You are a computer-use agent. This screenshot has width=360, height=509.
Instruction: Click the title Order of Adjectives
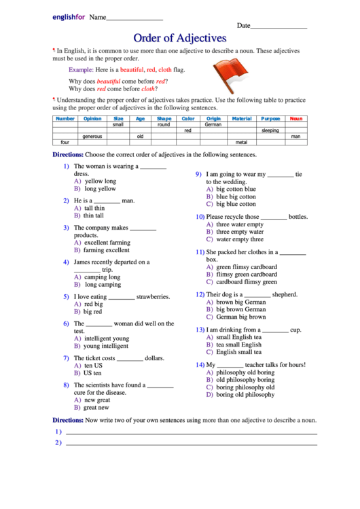click(x=179, y=38)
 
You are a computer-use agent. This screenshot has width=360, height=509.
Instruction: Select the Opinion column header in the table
click(x=92, y=118)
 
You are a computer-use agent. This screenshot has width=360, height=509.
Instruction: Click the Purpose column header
click(x=270, y=118)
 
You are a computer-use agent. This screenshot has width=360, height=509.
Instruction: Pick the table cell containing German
click(x=213, y=124)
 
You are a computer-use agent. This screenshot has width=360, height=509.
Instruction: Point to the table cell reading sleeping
click(x=270, y=130)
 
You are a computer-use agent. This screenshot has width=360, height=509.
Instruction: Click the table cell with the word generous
click(x=92, y=137)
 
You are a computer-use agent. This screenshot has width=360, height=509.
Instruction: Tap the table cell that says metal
click(x=241, y=143)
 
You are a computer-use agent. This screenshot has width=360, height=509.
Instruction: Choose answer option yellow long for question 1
click(x=100, y=181)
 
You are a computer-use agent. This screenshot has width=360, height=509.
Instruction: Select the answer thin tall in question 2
click(x=94, y=216)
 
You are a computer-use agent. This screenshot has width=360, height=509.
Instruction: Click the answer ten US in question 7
click(x=93, y=366)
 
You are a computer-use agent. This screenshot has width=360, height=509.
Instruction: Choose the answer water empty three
click(x=239, y=239)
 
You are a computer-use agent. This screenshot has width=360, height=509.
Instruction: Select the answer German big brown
click(x=240, y=317)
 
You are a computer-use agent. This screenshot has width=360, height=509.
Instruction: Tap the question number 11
click(x=200, y=251)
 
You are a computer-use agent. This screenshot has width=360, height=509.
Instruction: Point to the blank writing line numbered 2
click(x=190, y=444)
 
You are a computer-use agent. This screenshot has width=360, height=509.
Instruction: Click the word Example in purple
click(x=81, y=70)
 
